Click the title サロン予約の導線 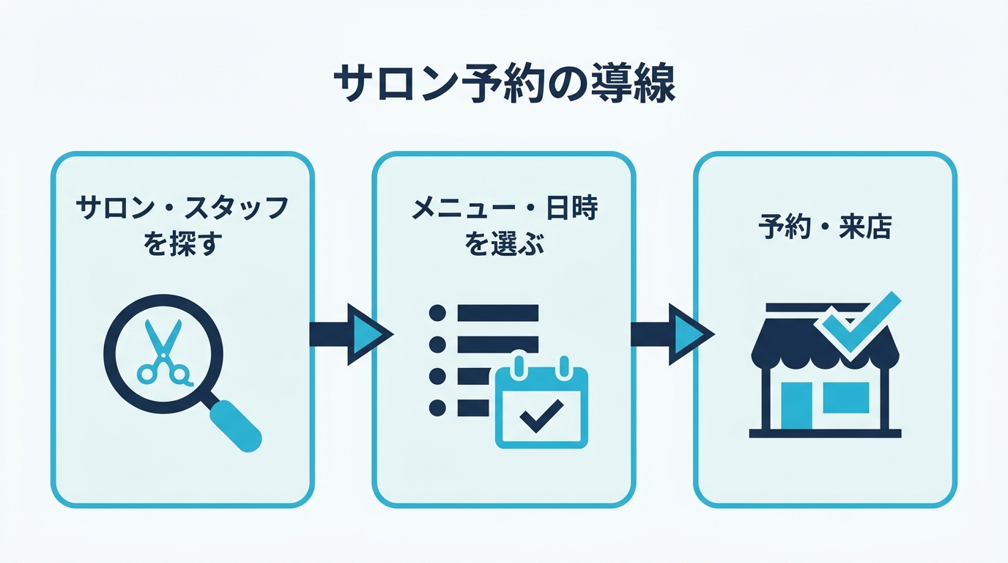pos(504,84)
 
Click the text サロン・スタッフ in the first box pos(182,208)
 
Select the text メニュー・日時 pos(505,208)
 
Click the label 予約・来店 pos(825,227)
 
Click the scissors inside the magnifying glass pos(164,353)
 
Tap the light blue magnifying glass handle pos(236,426)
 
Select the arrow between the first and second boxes pos(352,334)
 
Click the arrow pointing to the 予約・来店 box pos(672,334)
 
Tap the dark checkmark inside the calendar pos(541,415)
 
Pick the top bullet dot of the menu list pos(437,313)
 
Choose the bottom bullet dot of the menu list pos(437,408)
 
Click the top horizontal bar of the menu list pos(497,313)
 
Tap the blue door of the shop pos(796,405)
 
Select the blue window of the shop pos(846,398)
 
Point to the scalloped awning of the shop pos(825,347)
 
